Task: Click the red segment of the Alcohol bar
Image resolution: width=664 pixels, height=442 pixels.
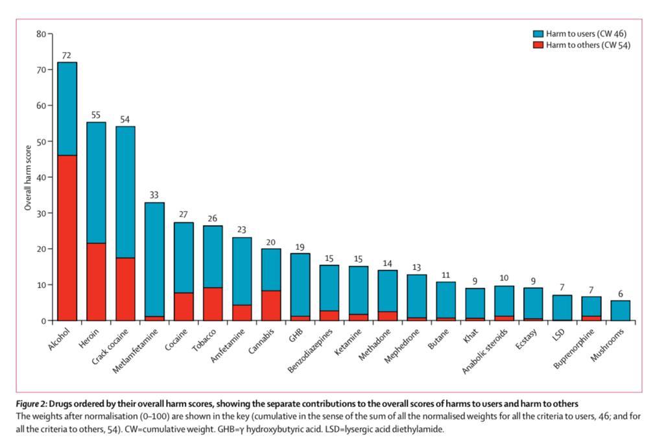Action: point(67,238)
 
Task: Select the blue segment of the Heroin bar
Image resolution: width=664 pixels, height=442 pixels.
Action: point(96,182)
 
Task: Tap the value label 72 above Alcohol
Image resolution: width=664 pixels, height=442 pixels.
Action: point(67,56)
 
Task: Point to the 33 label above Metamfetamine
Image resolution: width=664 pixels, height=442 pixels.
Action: point(154,195)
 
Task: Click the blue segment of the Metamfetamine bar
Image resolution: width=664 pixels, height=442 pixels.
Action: point(154,260)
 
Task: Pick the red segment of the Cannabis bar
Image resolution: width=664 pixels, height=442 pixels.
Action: point(271,306)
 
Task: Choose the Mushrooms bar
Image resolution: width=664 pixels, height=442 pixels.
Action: point(621,311)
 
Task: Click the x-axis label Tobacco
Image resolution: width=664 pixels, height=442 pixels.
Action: point(204,340)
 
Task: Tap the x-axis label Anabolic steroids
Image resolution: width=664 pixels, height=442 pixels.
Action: point(485,351)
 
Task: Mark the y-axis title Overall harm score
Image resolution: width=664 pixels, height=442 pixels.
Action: point(28,178)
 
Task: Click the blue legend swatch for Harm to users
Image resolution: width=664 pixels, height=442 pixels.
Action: point(538,34)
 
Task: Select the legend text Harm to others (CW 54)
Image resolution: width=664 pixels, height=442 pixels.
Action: point(587,45)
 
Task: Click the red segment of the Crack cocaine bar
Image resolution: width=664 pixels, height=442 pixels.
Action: point(125,289)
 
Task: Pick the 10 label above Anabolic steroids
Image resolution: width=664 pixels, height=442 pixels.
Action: point(504,278)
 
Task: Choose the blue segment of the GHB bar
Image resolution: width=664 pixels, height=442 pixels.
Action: point(300,285)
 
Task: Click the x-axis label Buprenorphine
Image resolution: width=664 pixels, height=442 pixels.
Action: point(574,349)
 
